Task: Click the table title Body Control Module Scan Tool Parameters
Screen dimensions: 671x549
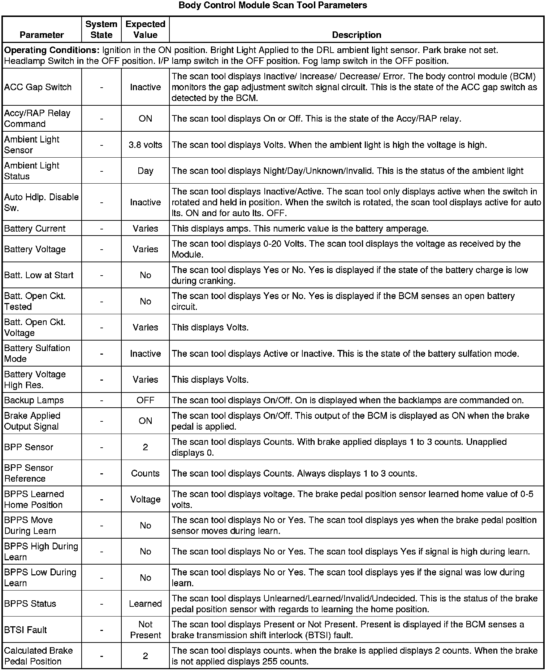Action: (x=273, y=5)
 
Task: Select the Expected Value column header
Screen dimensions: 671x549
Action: (x=145, y=30)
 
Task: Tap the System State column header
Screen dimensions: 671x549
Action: (x=101, y=30)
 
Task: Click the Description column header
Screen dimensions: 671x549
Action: (x=356, y=35)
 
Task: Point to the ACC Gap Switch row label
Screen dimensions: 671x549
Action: (x=38, y=87)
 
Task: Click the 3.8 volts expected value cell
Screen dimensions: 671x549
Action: (x=145, y=145)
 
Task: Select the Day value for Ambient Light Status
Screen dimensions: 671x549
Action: (x=145, y=171)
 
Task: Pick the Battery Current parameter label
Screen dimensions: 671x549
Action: (x=35, y=229)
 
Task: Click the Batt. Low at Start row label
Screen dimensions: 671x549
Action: (x=39, y=275)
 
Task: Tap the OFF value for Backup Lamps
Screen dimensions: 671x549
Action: (x=145, y=400)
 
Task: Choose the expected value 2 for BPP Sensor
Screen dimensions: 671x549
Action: (x=145, y=447)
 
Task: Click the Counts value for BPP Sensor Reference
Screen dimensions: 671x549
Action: (x=145, y=473)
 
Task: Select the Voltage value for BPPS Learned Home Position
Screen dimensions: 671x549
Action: (x=145, y=500)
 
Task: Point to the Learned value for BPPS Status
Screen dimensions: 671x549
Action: (x=145, y=604)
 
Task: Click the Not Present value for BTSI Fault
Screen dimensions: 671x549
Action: (x=145, y=630)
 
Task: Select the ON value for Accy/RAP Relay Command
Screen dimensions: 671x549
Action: (x=145, y=119)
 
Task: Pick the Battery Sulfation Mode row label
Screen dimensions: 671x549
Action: (x=37, y=354)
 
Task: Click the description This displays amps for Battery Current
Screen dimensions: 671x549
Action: (x=300, y=229)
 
